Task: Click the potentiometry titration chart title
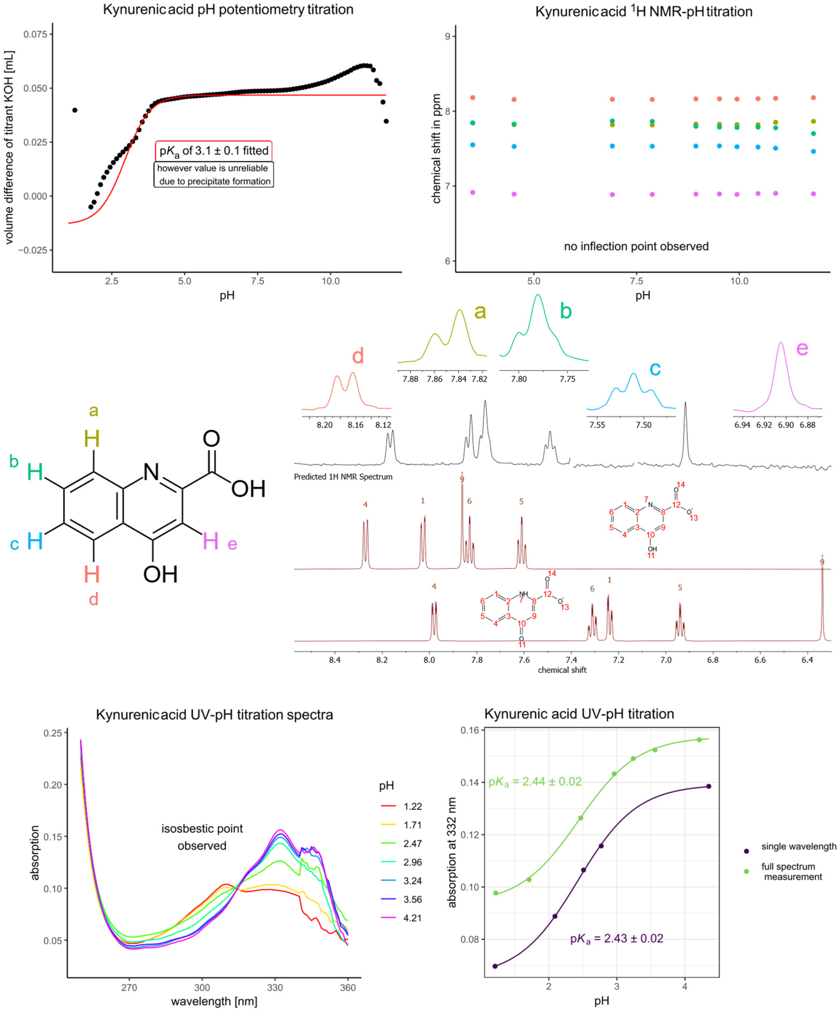click(228, 9)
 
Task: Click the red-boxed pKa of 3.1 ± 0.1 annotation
click(214, 151)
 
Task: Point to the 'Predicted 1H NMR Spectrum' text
click(343, 477)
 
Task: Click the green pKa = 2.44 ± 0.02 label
click(535, 781)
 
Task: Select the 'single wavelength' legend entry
click(798, 846)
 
